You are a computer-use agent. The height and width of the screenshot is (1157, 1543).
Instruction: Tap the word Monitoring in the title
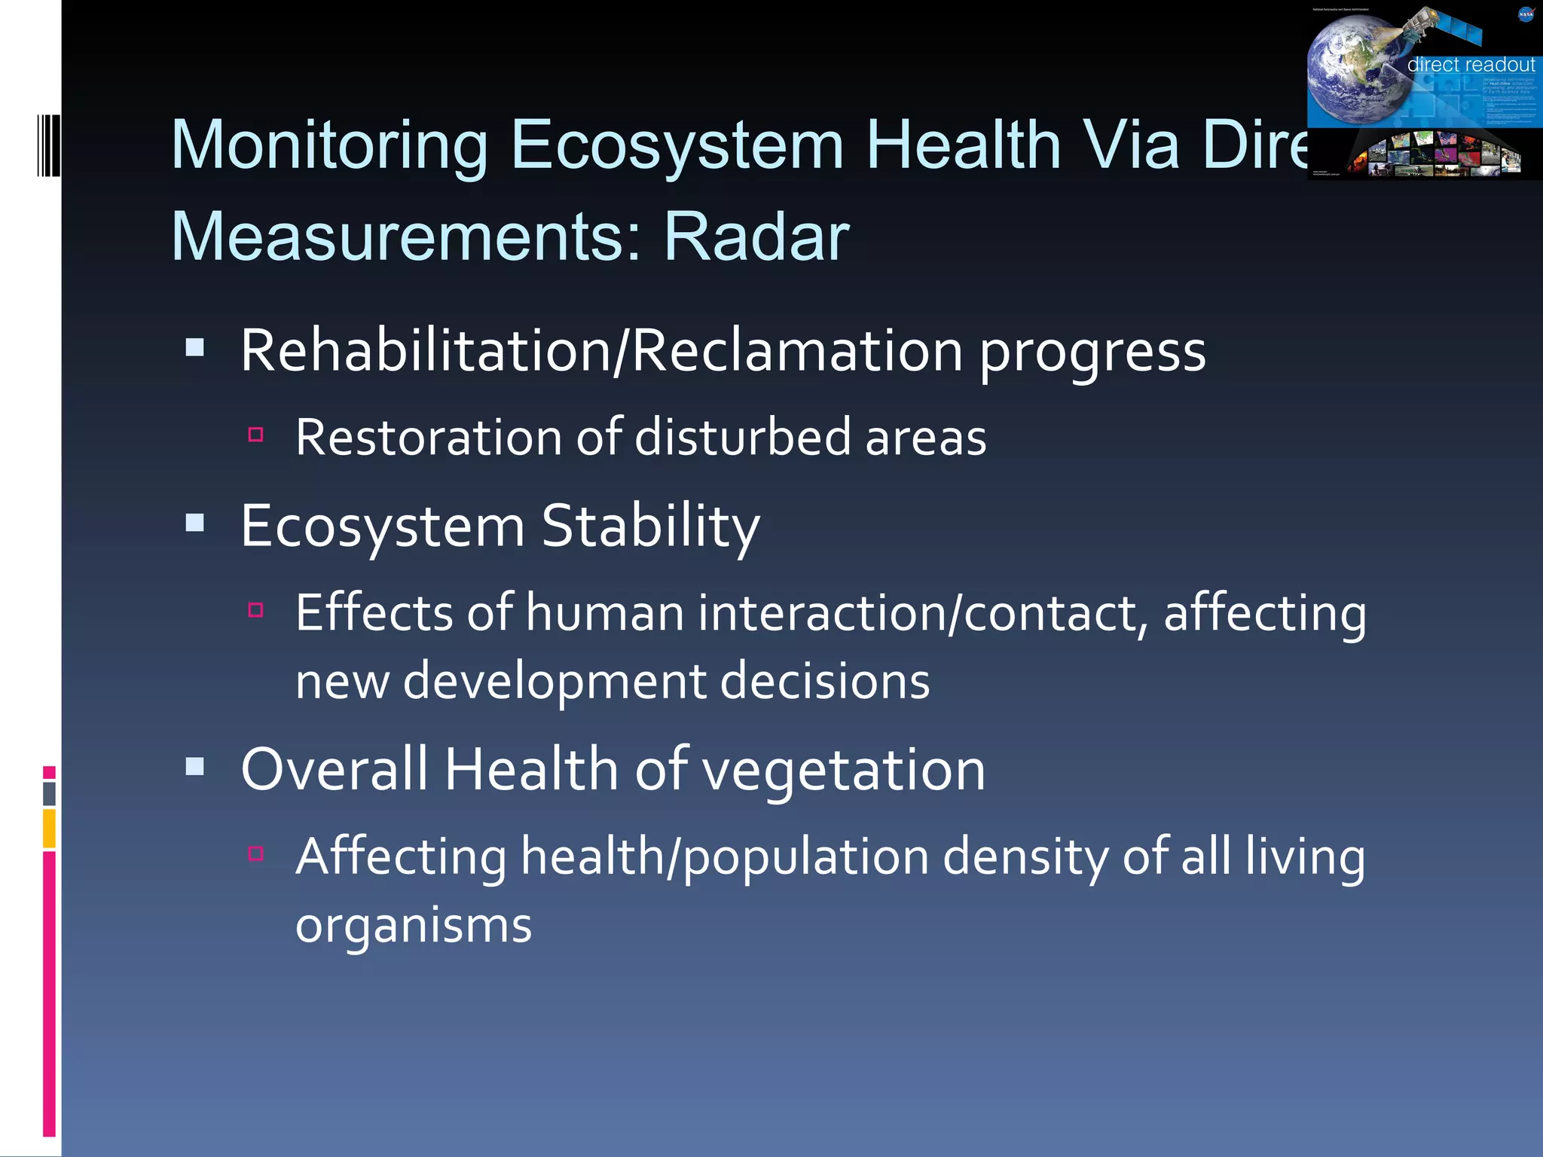tap(330, 145)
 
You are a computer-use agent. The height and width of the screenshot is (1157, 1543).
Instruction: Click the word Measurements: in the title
tap(406, 237)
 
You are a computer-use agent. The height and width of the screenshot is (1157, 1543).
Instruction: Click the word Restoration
tap(429, 438)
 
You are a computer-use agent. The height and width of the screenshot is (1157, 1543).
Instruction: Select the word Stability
tap(650, 527)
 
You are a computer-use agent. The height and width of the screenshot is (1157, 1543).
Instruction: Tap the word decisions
tap(824, 682)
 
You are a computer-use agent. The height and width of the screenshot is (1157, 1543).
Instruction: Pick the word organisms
tap(414, 926)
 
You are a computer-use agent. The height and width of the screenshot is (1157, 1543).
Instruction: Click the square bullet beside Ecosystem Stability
tap(195, 523)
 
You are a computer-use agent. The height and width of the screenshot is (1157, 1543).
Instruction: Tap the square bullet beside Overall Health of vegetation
tap(195, 767)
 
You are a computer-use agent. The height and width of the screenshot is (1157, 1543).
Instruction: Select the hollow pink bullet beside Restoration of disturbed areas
tap(255, 435)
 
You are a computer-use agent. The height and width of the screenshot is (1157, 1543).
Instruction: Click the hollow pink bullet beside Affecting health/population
tap(255, 853)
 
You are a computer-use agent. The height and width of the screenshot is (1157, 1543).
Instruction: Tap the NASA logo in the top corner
tap(1526, 14)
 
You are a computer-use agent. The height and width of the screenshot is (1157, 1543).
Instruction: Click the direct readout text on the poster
tap(1470, 65)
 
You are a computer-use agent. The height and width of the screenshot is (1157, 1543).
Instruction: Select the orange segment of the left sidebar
tap(49, 828)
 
